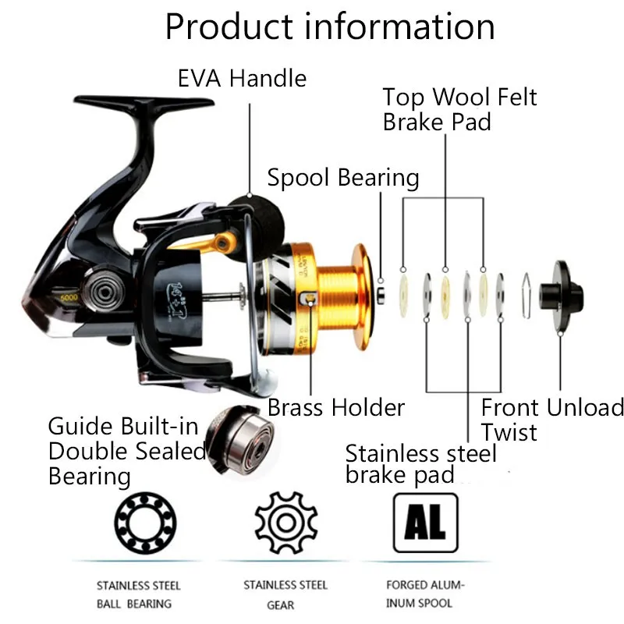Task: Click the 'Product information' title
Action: [x=329, y=27]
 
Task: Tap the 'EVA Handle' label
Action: [x=242, y=78]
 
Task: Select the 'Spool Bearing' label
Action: [x=343, y=178]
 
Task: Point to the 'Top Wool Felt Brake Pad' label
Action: [x=459, y=110]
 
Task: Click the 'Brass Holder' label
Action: [x=336, y=407]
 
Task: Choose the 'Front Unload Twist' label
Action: [x=552, y=420]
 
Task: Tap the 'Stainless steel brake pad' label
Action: [x=420, y=464]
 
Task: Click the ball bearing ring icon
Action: [x=138, y=519]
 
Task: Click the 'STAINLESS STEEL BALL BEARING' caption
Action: [x=138, y=594]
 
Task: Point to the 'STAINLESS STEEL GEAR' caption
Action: [x=285, y=594]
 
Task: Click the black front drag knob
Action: [x=566, y=284]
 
